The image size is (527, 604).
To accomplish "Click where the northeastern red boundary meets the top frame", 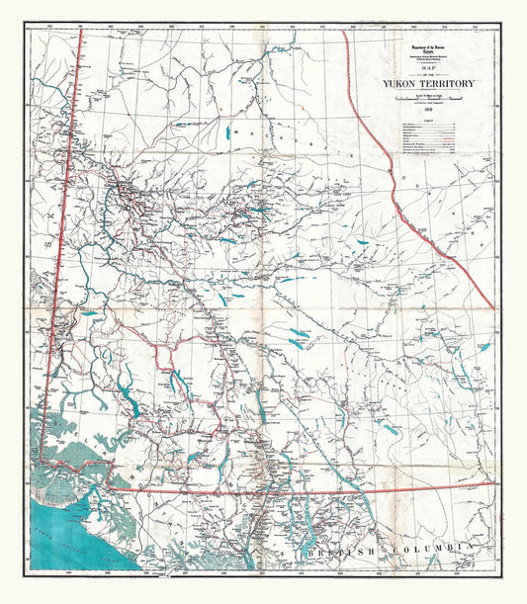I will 343,31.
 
